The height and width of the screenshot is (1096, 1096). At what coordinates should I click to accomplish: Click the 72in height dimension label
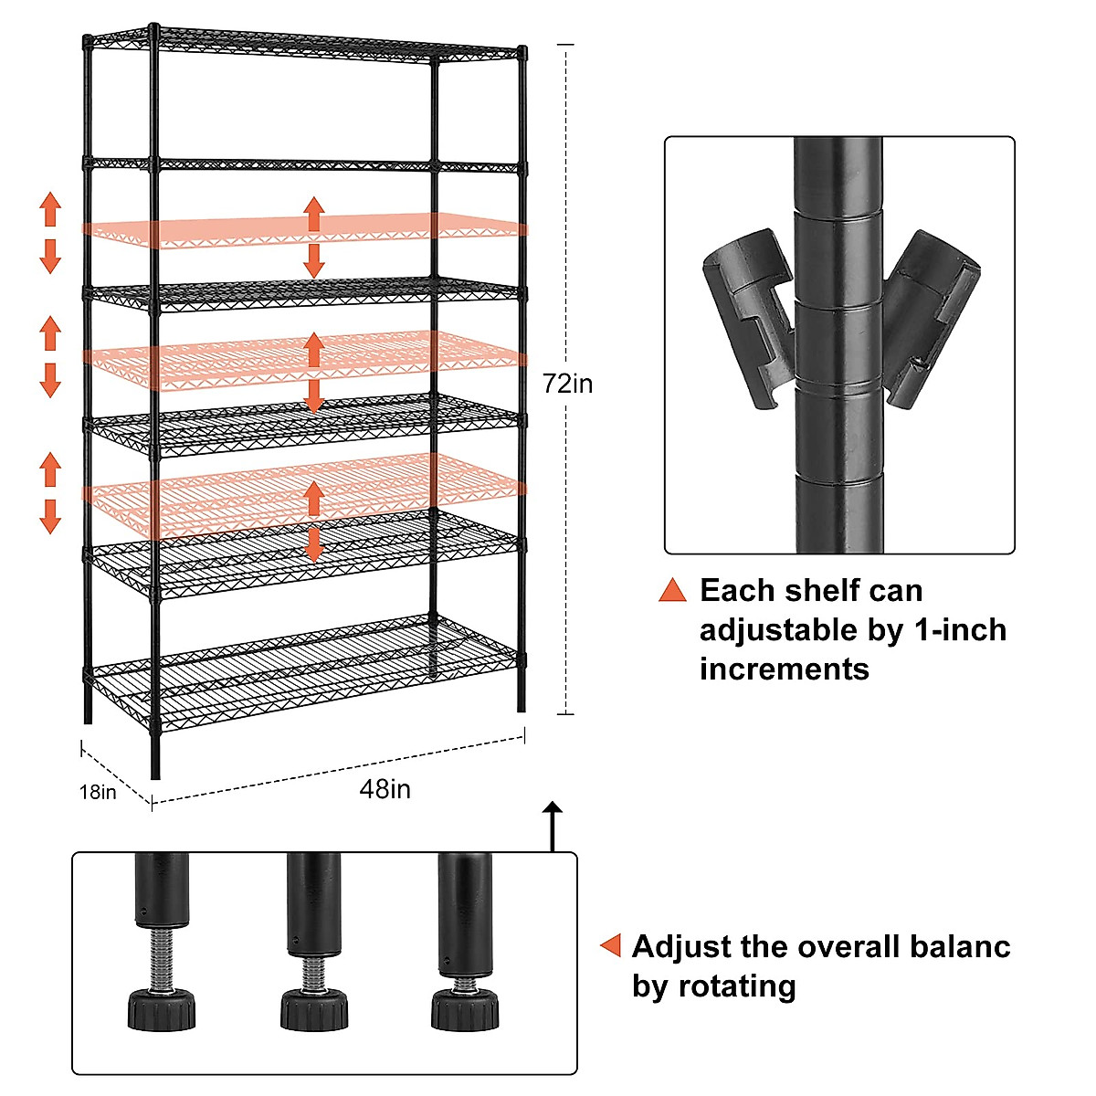[x=567, y=384]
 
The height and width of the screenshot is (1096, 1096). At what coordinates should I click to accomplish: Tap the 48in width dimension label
[x=385, y=789]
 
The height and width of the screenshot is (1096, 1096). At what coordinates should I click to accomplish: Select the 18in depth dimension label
[x=98, y=792]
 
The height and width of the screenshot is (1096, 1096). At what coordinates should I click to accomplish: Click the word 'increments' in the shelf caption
[x=785, y=669]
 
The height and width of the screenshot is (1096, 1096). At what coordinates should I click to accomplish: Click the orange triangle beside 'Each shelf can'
[x=672, y=591]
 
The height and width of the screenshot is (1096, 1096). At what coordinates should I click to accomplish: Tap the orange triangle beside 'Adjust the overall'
[x=611, y=946]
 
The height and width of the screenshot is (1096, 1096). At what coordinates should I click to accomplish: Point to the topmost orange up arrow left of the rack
[x=50, y=209]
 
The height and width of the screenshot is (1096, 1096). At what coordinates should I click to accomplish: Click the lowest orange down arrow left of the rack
[x=50, y=516]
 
